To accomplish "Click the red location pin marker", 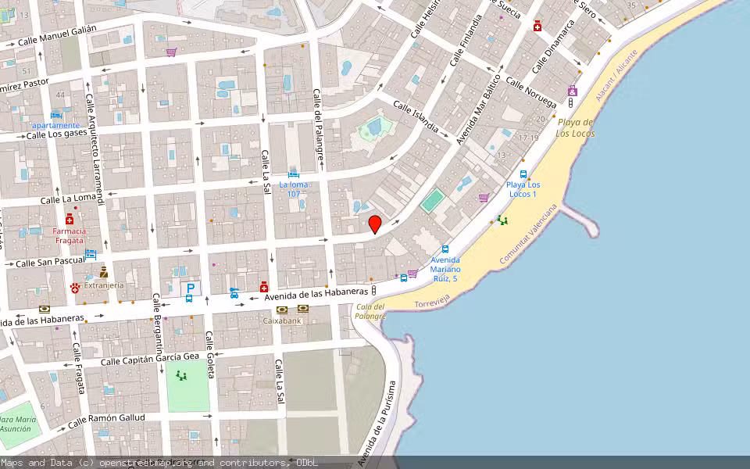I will tap(375, 225).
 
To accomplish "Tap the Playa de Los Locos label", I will tap(576, 127).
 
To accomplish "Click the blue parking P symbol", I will tap(190, 288).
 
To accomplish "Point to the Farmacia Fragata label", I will tap(70, 235).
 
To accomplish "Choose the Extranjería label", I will tap(104, 285).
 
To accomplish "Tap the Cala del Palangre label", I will tap(370, 311).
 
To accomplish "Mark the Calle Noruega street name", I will tap(530, 92).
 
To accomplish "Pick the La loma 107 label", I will tap(294, 189).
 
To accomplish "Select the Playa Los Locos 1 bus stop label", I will tap(522, 188).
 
